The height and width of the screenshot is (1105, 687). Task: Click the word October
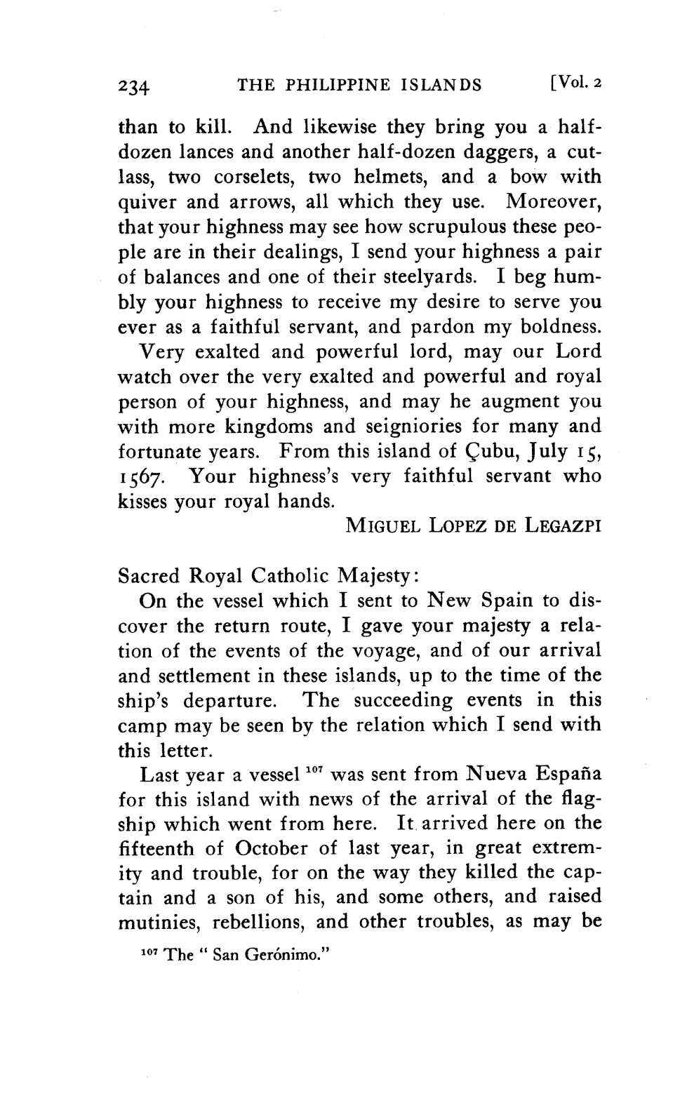tap(273, 848)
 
